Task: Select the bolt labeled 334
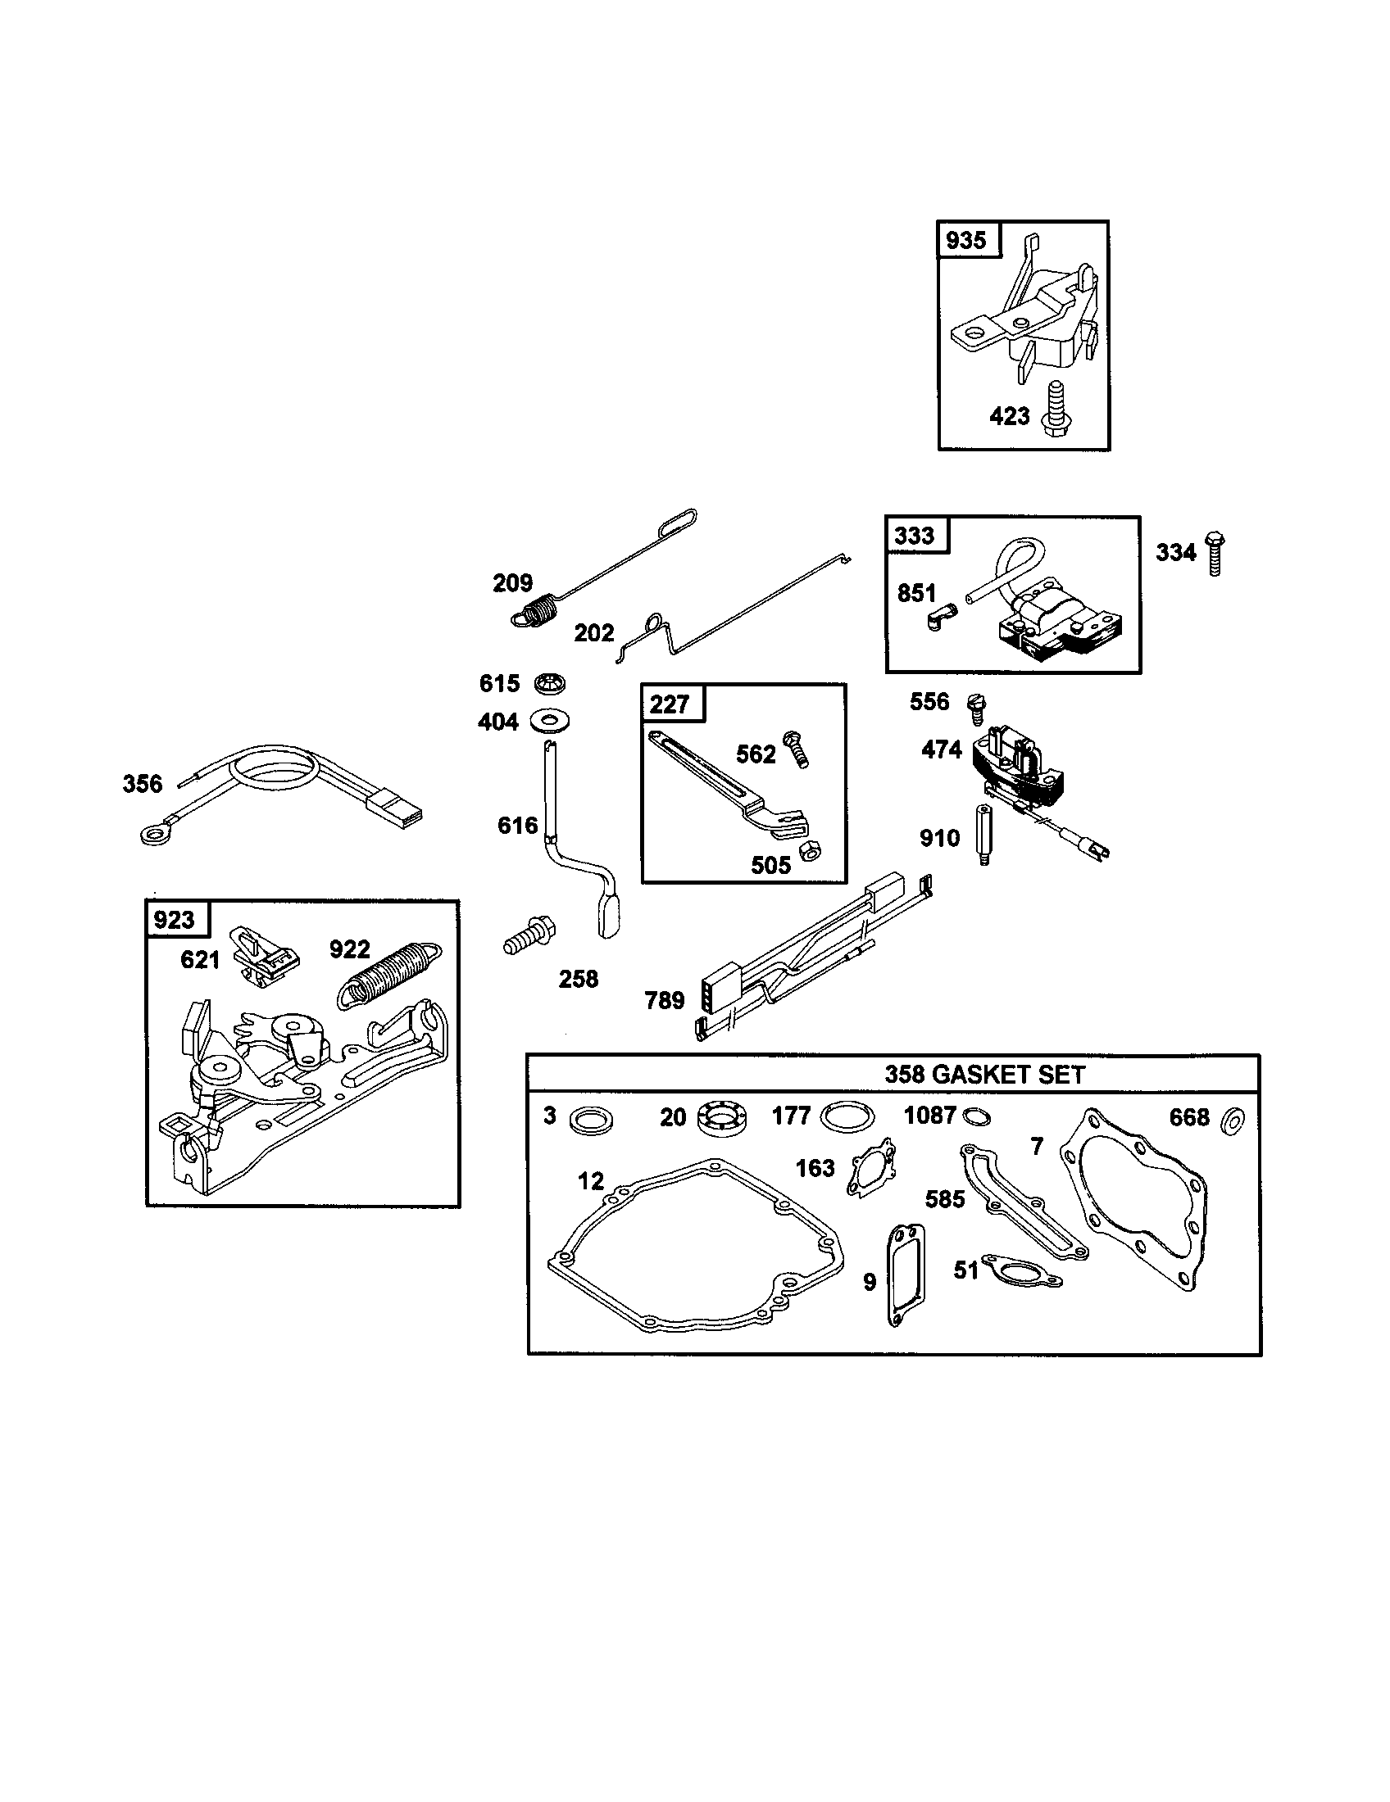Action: click(x=1213, y=554)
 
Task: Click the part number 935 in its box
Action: click(x=965, y=240)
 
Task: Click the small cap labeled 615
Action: click(x=551, y=682)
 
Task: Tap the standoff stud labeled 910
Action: click(x=983, y=834)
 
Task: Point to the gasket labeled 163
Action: click(x=871, y=1166)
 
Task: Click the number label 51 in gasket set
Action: click(x=965, y=1270)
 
